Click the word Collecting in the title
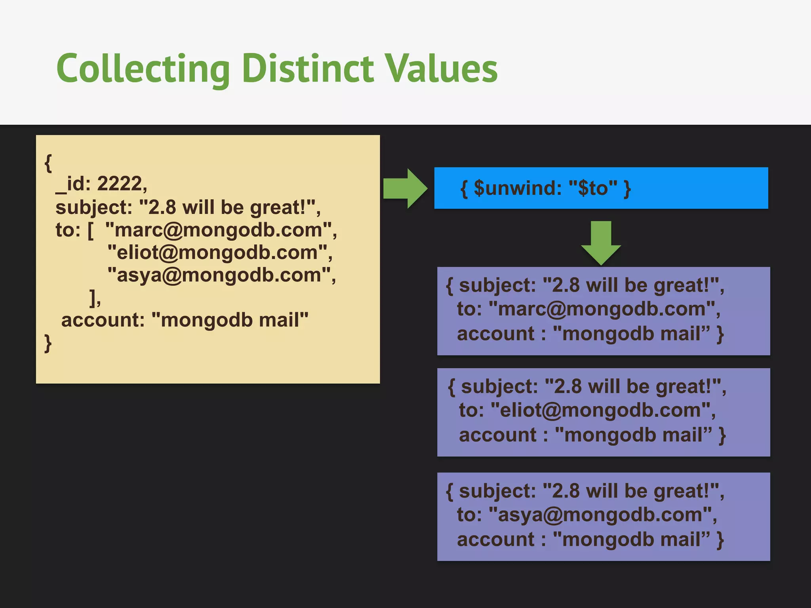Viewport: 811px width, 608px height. point(143,69)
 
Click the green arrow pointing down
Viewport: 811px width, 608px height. point(601,242)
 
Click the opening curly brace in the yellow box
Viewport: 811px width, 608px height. point(48,163)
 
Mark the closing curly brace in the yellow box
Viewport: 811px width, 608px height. point(48,343)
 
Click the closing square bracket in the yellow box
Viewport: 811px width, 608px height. point(93,298)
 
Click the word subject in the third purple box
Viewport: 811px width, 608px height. point(497,491)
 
